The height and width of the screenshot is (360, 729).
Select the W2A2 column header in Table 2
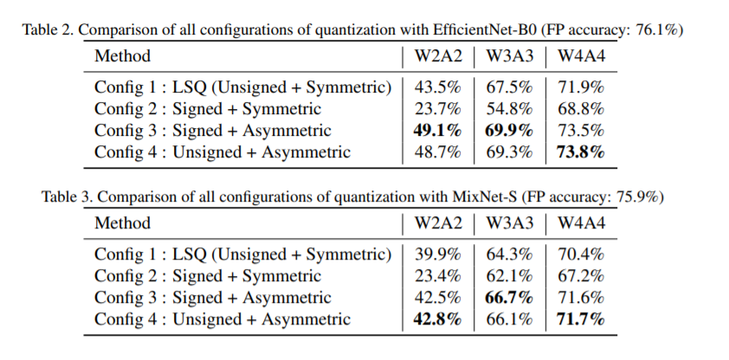coord(438,56)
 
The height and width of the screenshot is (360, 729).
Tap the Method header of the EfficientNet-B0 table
coord(122,56)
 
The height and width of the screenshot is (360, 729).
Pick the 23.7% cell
coord(438,109)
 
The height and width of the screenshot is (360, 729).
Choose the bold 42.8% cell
coord(438,318)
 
